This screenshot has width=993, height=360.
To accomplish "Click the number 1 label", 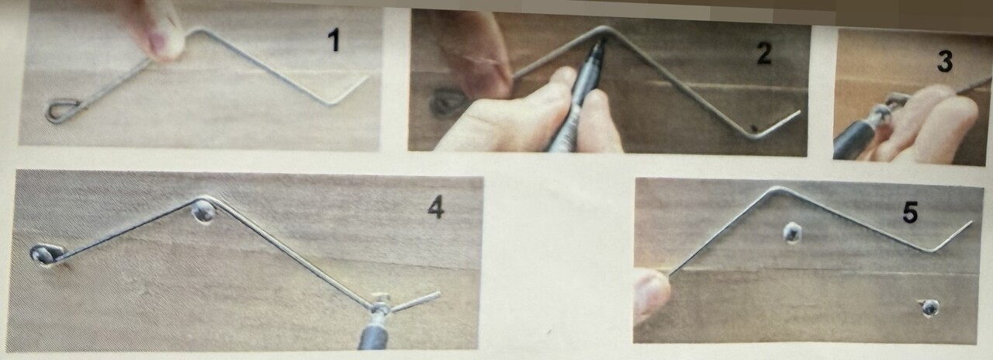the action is click(x=334, y=39).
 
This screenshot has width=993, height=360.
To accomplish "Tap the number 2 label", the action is click(x=763, y=54).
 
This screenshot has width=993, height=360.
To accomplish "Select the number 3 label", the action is click(x=944, y=61).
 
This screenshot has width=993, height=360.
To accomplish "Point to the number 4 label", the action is click(x=436, y=208).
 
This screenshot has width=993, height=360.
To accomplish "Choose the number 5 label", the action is click(x=910, y=213).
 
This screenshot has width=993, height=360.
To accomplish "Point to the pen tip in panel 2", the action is click(x=600, y=44).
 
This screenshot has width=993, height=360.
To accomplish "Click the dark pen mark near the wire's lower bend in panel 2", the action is click(x=753, y=128).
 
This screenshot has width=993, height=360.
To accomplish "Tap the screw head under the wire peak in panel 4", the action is click(x=203, y=213).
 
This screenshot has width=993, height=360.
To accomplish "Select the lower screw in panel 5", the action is click(x=929, y=308).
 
